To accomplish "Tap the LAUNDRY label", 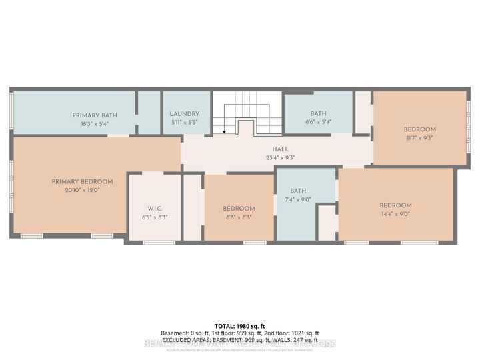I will click(x=184, y=114).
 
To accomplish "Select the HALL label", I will click(x=279, y=149).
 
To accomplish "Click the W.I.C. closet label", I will click(x=155, y=207).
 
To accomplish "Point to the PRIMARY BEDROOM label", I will click(x=82, y=181).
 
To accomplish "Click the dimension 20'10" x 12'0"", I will click(x=82, y=190).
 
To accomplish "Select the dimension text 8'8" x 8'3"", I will click(x=239, y=217).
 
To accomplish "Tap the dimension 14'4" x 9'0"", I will click(x=395, y=214).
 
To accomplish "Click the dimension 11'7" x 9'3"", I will click(x=419, y=138).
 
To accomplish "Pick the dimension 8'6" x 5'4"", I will click(x=318, y=122).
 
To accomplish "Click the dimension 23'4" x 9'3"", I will click(x=279, y=158).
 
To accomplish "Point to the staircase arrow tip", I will click(x=225, y=132).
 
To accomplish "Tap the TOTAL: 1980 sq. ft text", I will click(x=239, y=325).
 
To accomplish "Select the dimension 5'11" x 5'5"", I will click(x=184, y=123).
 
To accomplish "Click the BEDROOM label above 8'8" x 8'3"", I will click(x=239, y=209).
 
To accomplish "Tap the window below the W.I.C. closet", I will click(x=155, y=243).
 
